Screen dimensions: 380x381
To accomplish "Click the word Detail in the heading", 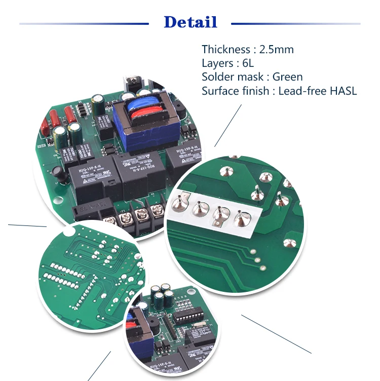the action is [x=191, y=22].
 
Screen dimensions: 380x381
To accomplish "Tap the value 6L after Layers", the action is [x=247, y=63].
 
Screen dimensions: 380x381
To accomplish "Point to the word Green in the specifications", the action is [x=287, y=77].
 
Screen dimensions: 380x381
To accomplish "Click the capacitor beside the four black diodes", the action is [x=101, y=104].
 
